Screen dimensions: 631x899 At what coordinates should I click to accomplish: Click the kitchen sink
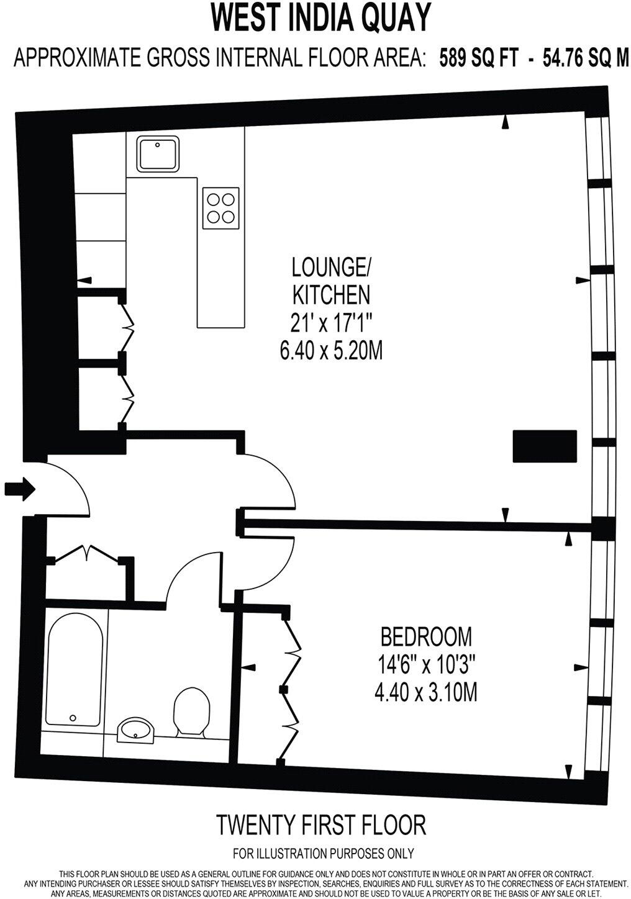click(157, 154)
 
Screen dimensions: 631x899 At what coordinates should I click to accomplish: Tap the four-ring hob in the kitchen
click(220, 208)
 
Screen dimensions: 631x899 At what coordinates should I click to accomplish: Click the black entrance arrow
click(20, 489)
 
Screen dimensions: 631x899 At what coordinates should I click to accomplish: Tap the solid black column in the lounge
click(545, 446)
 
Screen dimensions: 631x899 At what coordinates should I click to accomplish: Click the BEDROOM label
click(426, 636)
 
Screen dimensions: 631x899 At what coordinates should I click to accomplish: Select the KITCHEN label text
click(331, 295)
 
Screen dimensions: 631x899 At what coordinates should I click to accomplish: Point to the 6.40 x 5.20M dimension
click(331, 350)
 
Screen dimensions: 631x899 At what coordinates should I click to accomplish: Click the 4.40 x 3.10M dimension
click(426, 693)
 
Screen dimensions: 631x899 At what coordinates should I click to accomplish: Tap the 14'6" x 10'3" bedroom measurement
click(426, 664)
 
